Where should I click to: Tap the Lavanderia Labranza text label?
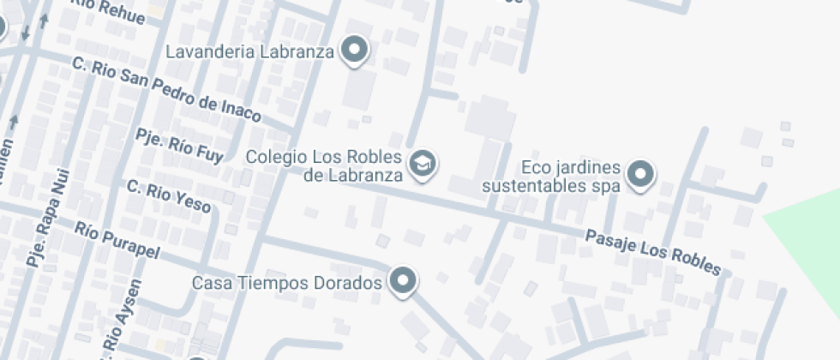(x=249, y=51)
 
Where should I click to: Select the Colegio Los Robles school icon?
(x=422, y=162)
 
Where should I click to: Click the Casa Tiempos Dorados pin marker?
(x=402, y=280)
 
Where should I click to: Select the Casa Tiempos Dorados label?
(x=285, y=282)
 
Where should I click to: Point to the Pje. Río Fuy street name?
(x=180, y=146)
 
